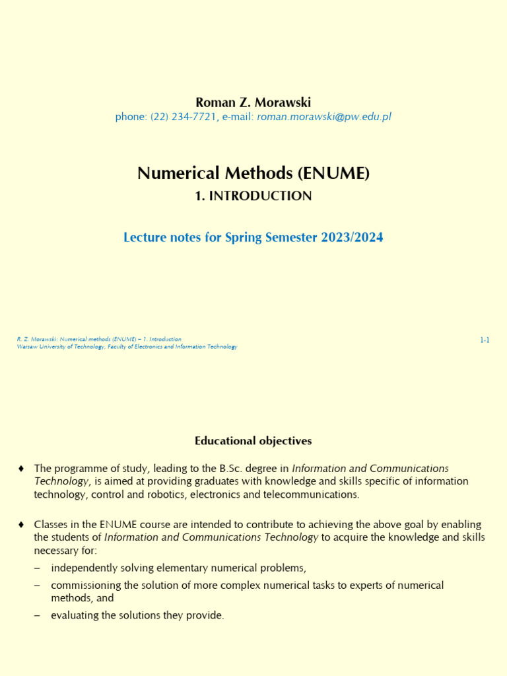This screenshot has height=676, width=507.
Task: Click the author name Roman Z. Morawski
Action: coord(253,102)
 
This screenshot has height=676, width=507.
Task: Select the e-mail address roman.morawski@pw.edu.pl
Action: coord(324,117)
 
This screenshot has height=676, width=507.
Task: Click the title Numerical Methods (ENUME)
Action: coord(253,173)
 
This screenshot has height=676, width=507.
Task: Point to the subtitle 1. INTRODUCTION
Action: coord(253,196)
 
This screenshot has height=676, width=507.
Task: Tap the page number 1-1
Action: coord(485,340)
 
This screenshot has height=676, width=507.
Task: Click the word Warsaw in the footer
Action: coord(26,347)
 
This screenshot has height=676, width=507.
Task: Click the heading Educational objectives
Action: coord(253,440)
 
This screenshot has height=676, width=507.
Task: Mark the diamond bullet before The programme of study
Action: coord(21,469)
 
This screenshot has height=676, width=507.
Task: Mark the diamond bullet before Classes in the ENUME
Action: coord(21,525)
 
